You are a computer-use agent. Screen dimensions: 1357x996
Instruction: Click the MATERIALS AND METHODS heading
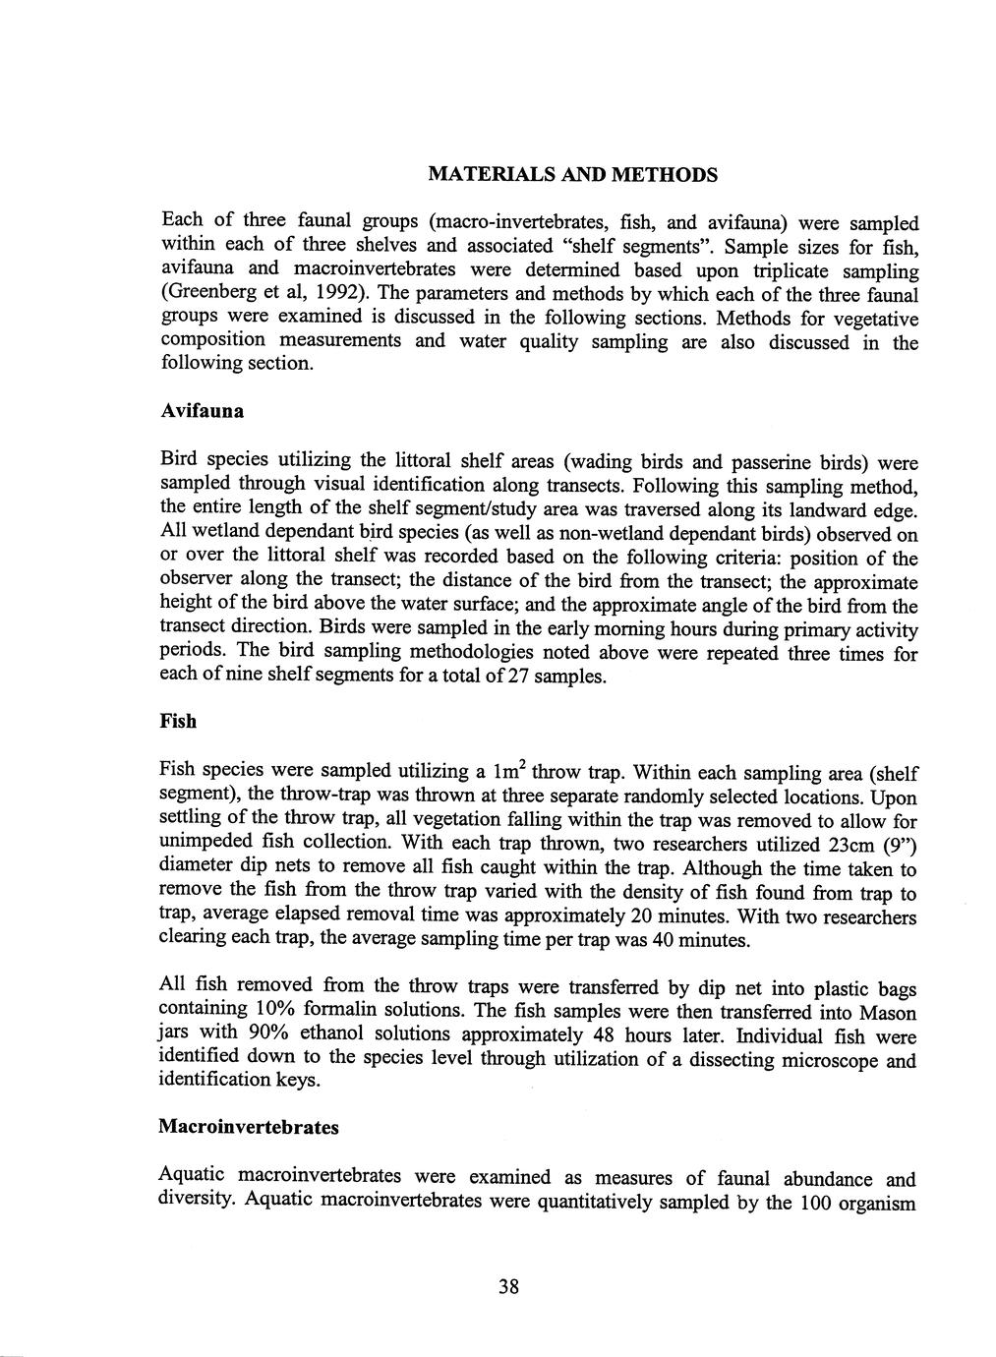pyautogui.click(x=573, y=175)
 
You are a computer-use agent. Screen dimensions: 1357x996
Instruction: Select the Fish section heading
pyautogui.click(x=178, y=722)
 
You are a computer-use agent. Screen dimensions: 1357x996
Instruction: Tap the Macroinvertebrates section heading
pyautogui.click(x=249, y=1127)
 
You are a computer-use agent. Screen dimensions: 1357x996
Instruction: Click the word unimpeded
pyautogui.click(x=207, y=843)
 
